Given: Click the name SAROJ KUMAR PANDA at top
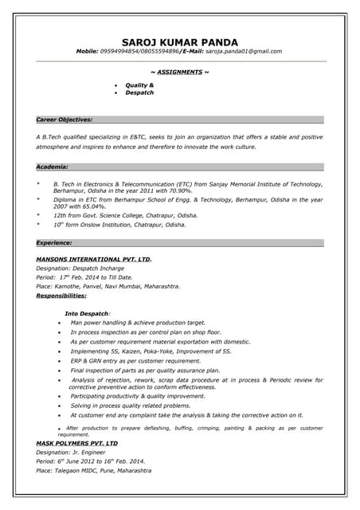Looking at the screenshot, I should pos(180,41).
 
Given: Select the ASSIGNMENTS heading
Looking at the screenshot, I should pos(180,73).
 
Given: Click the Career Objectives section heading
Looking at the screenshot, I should pos(65,120).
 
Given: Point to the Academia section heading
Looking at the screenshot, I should pos(53,167).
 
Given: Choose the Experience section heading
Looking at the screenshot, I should pos(55,241).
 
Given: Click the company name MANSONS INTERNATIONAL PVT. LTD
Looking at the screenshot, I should pos(94,259).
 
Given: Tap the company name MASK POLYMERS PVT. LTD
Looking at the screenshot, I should pos(76,442).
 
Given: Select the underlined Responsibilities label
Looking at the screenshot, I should pos(61,296).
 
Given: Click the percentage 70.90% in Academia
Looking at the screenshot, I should pos(178,191).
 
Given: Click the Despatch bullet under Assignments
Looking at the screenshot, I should pos(139,93).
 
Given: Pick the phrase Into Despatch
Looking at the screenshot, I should pos(88,313).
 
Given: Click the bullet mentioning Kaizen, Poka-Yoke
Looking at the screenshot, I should pos(151,351).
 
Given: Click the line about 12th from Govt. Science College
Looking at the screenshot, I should pos(125,215).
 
